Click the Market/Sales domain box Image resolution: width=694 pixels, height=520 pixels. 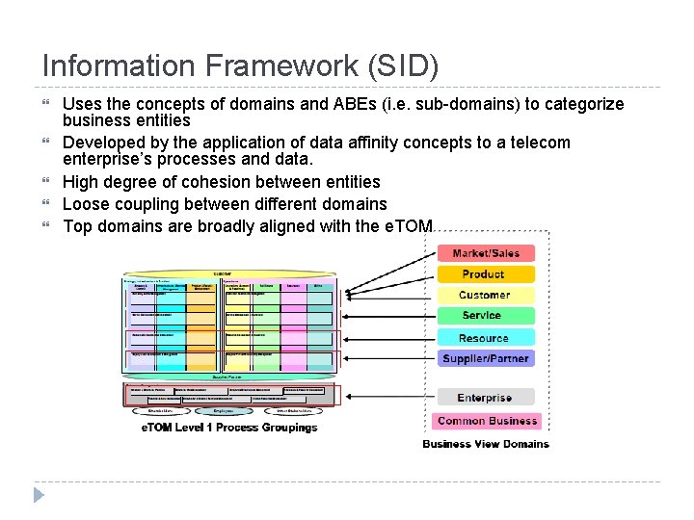pyautogui.click(x=485, y=253)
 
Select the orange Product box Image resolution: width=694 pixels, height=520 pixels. pyautogui.click(x=485, y=274)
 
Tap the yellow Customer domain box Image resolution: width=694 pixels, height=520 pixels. pyautogui.click(x=485, y=295)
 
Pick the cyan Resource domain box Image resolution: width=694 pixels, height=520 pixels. pyautogui.click(x=485, y=337)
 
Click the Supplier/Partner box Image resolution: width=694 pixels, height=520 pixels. pyautogui.click(x=485, y=358)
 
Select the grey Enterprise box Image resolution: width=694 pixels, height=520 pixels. pyautogui.click(x=485, y=397)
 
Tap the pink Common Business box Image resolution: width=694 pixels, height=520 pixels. pyautogui.click(x=488, y=421)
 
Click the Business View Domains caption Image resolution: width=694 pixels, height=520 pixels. pyautogui.click(x=486, y=444)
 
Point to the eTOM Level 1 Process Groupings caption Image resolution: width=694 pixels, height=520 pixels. pyautogui.click(x=229, y=427)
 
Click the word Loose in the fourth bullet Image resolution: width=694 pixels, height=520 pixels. pyautogui.click(x=86, y=204)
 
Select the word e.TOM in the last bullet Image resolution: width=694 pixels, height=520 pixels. pyautogui.click(x=410, y=226)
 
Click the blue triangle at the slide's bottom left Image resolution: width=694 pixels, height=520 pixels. pyautogui.click(x=39, y=495)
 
